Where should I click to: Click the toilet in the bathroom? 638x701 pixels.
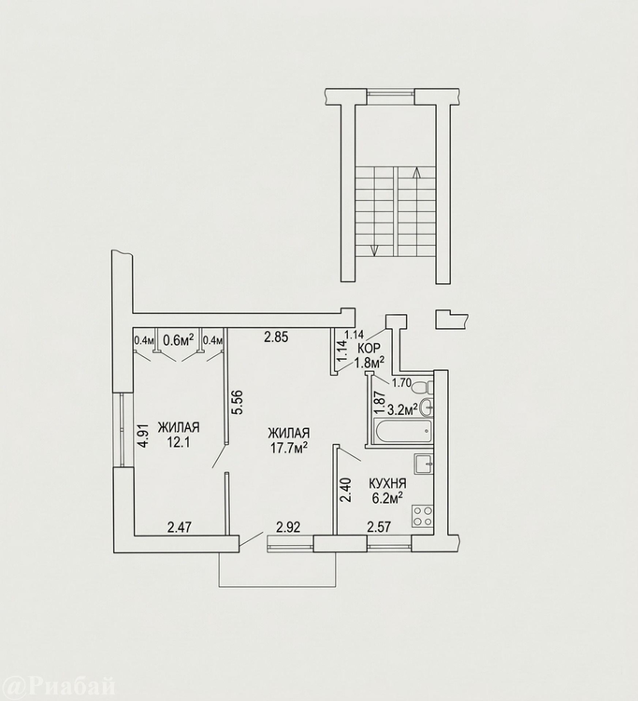pos(422,385)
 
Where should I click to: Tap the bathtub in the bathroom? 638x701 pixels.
pos(402,432)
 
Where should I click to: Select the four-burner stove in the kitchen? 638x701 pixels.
pos(422,515)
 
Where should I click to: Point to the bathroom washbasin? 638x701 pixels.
pos(428,406)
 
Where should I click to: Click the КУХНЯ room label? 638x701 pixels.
pos(387,483)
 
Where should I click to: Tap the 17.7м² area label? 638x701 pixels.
pos(289,448)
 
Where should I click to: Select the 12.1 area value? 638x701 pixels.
pos(179,442)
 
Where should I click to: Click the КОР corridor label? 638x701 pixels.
pos(370,349)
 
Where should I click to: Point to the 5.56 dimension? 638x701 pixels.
pos(238,402)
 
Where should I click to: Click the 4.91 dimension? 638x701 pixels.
pos(143,436)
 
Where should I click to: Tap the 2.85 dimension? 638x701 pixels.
pos(276,337)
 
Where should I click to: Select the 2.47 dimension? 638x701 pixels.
pos(180,527)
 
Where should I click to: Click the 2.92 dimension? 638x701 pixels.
pos(288,527)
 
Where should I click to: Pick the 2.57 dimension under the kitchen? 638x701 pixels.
pos(379,527)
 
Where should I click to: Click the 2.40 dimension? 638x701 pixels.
pos(346,491)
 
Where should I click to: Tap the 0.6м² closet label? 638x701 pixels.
pos(178,340)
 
